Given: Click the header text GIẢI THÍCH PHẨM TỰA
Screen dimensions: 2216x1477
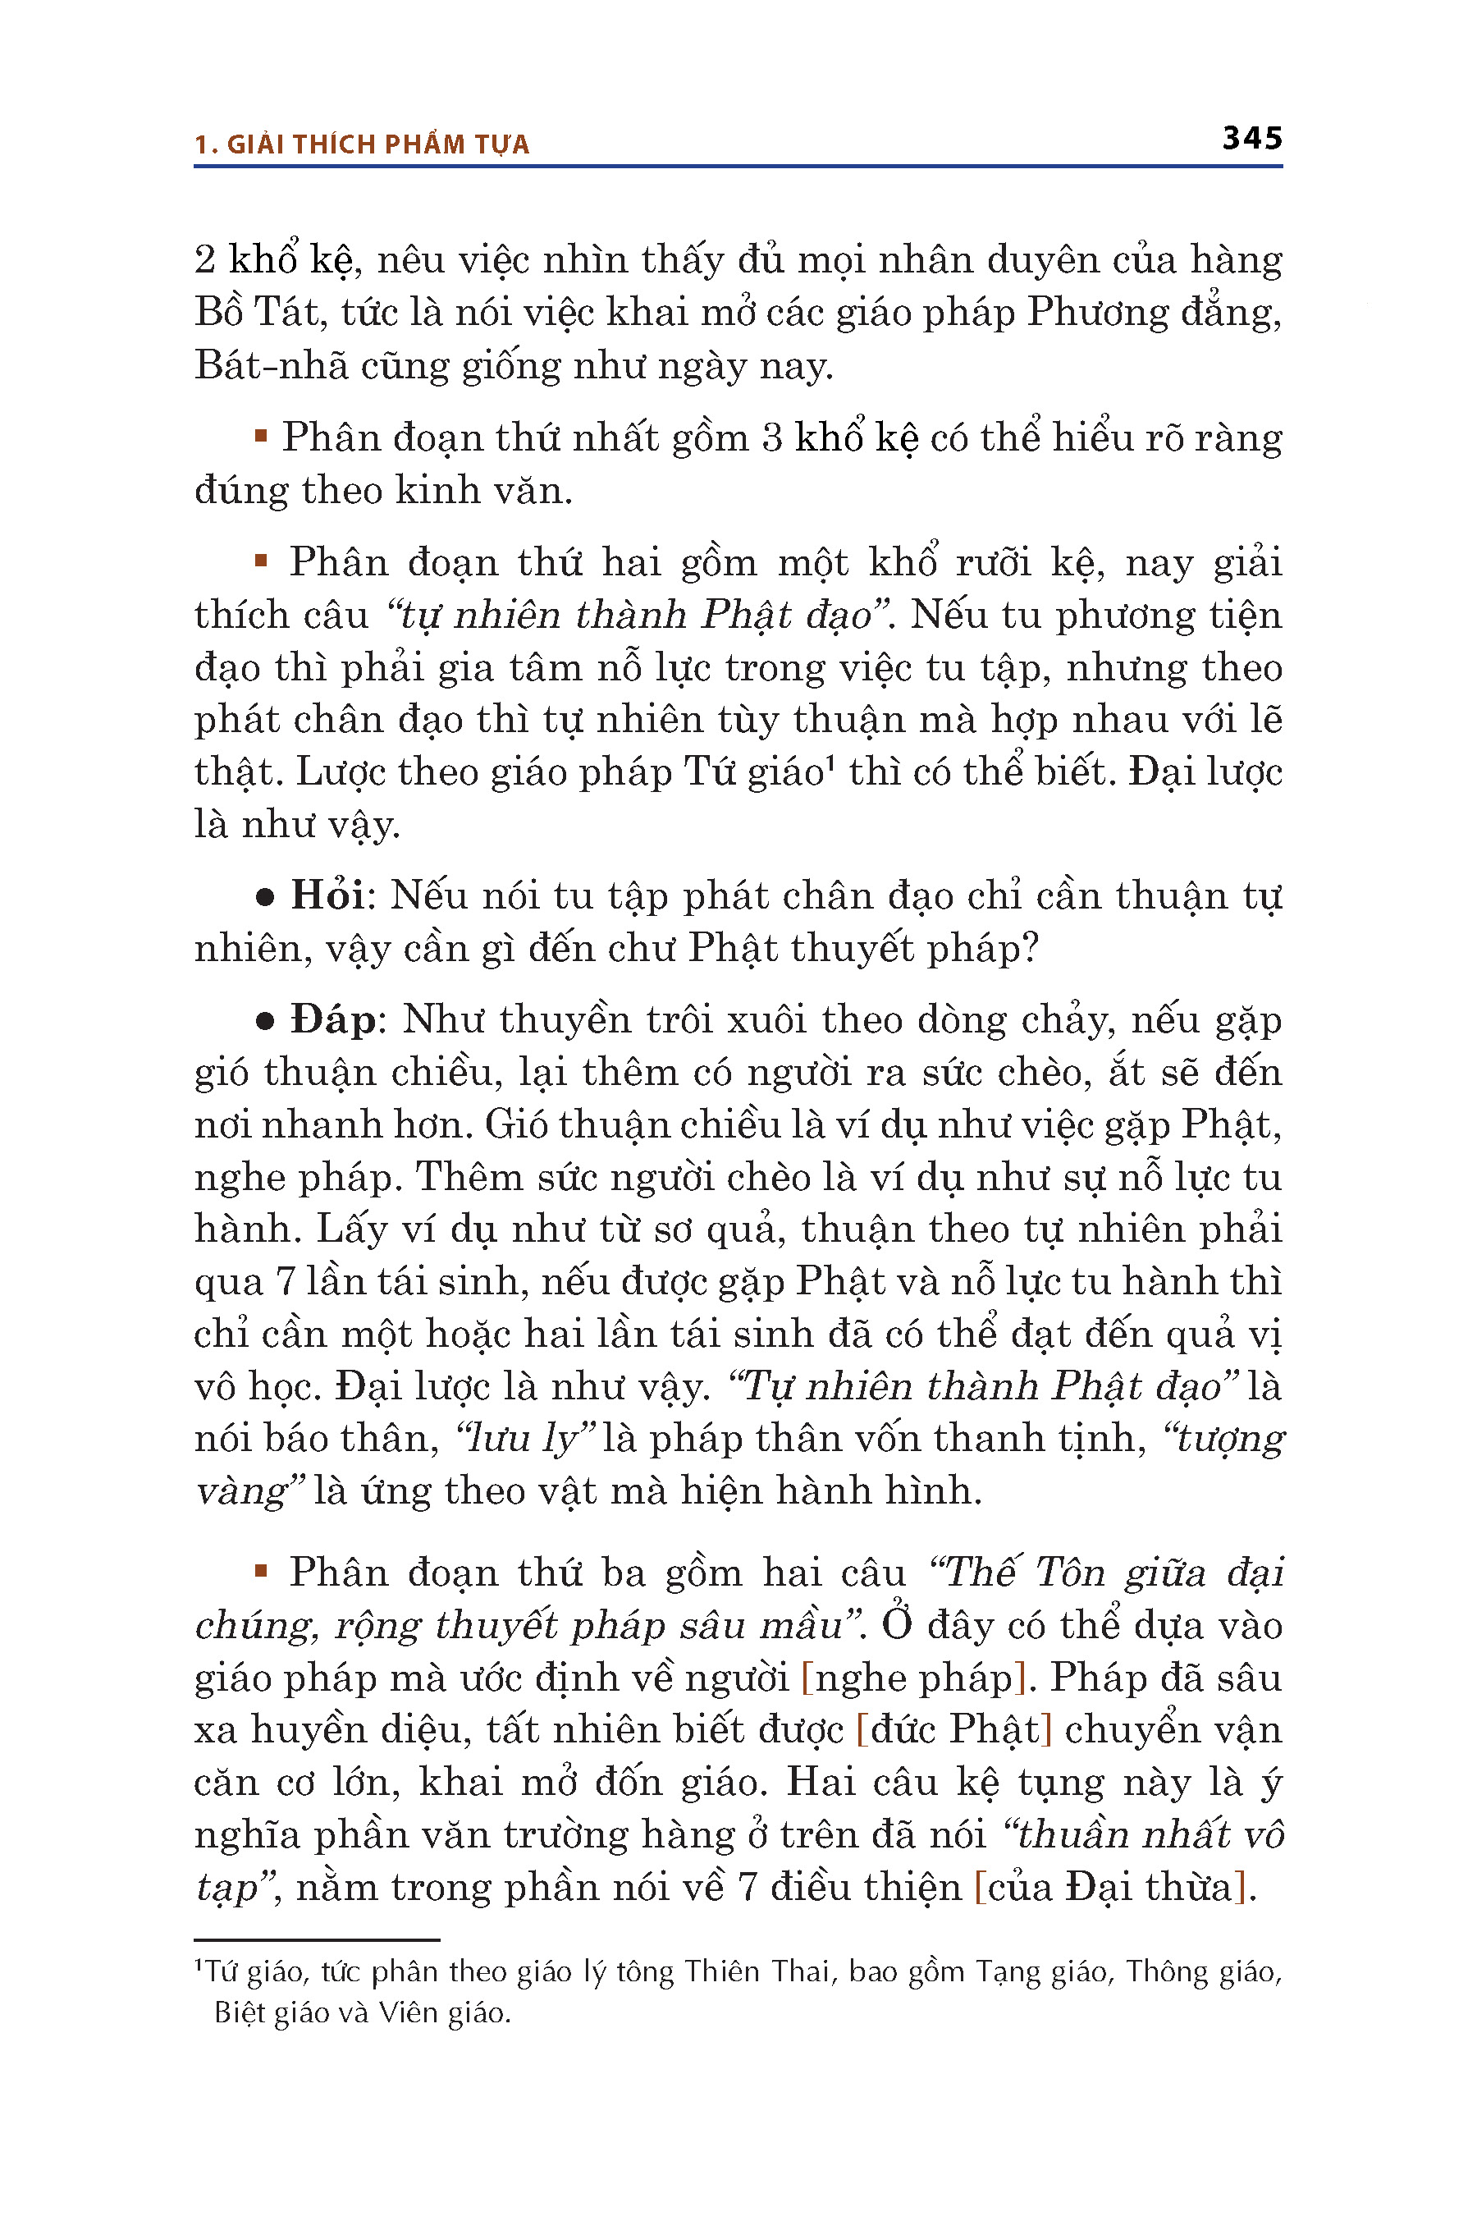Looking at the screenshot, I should (377, 145).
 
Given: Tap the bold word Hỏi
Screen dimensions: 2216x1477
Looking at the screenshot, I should (327, 895).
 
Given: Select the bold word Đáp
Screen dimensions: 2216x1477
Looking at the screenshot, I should (332, 1019).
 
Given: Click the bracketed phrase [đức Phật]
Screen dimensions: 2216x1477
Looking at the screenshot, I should (953, 1729).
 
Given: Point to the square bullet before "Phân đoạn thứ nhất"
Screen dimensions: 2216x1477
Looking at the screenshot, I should (261, 437).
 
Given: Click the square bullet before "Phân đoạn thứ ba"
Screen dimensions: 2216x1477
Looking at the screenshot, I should (261, 1571).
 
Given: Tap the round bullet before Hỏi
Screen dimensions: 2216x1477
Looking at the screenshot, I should (265, 897).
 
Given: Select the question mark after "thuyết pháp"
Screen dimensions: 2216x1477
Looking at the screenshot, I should (1030, 948).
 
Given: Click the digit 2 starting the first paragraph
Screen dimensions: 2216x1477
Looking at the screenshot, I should (205, 260).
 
